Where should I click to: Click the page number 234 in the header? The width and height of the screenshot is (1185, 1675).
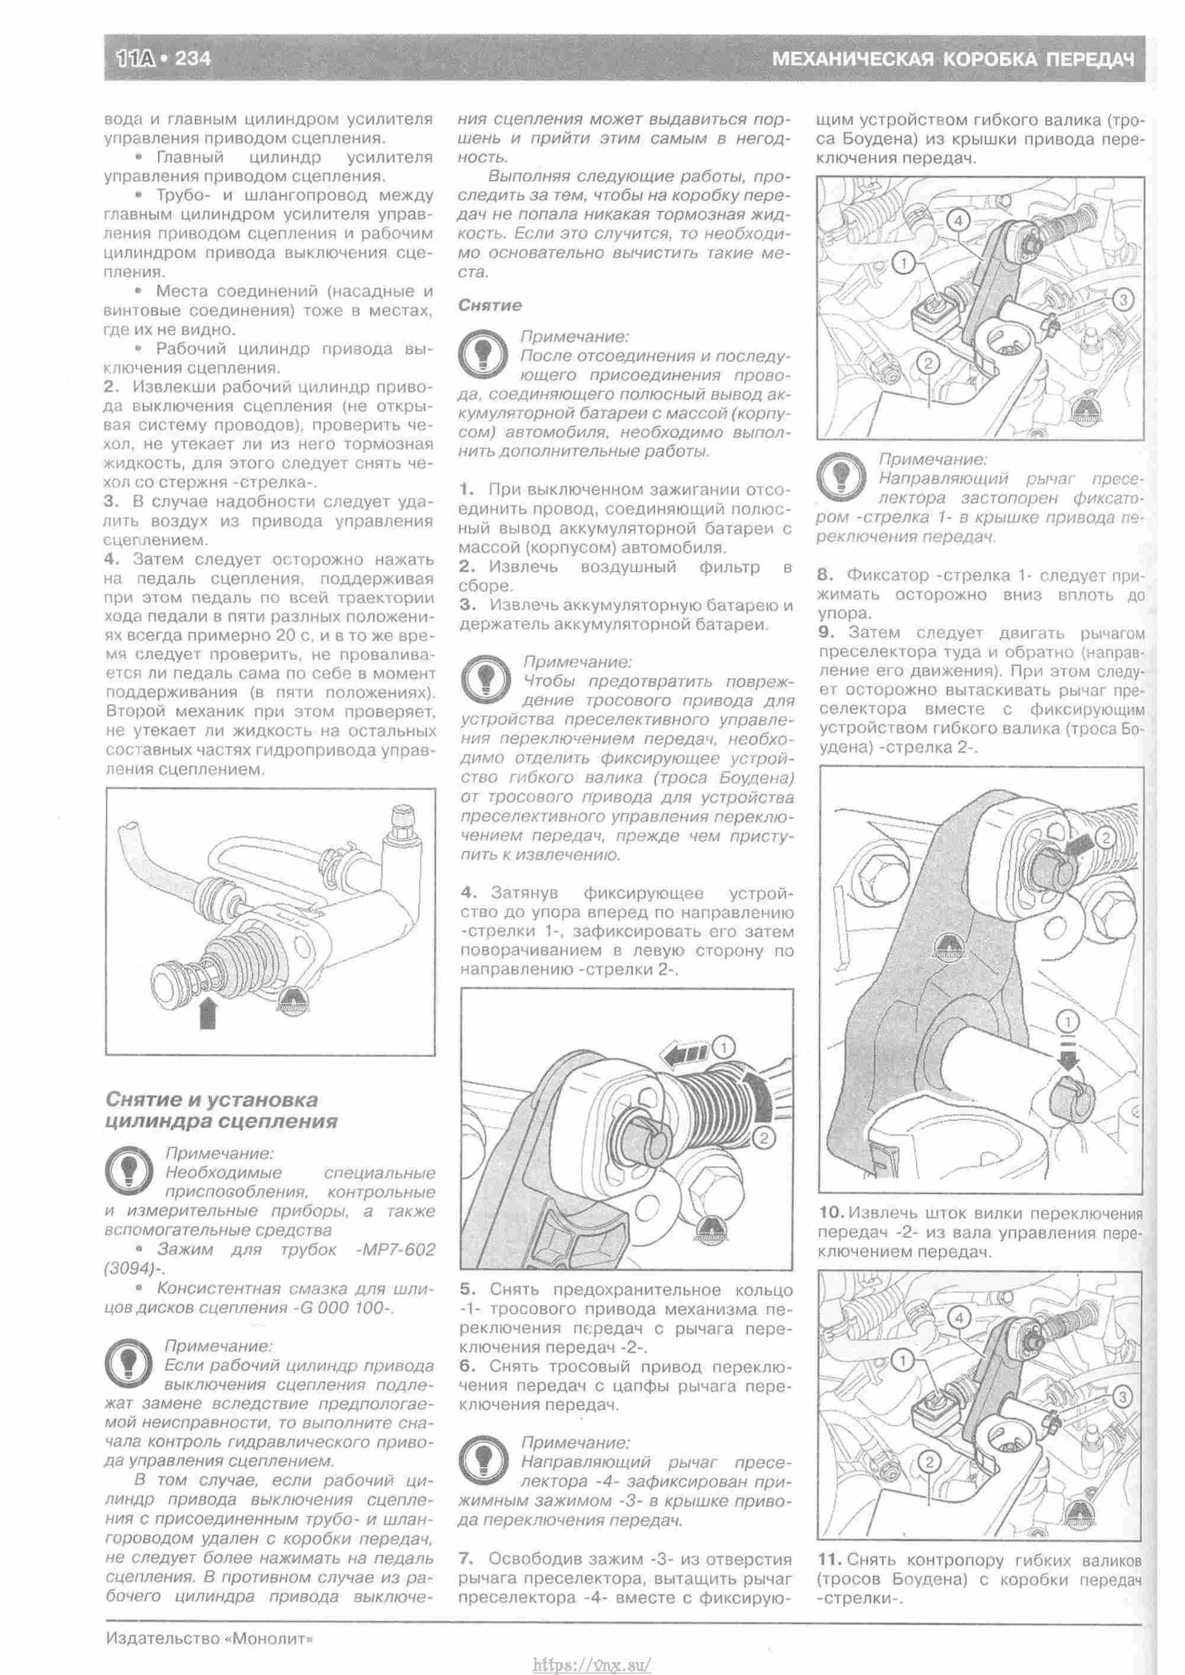(x=192, y=57)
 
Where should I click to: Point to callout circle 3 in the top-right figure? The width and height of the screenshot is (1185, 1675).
(x=1122, y=299)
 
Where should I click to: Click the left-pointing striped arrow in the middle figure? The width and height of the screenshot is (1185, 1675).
(x=684, y=1053)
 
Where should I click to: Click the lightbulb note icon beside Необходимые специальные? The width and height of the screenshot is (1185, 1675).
(x=129, y=1170)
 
